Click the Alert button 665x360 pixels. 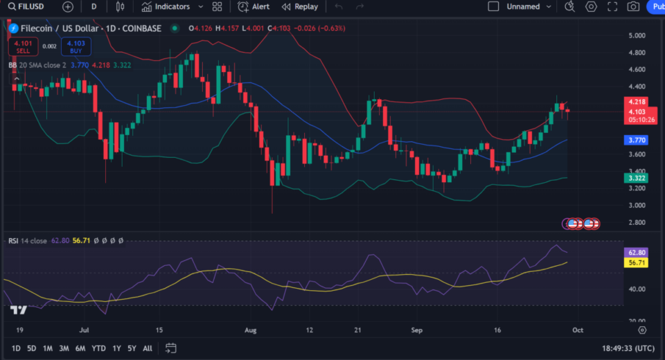pyautogui.click(x=254, y=7)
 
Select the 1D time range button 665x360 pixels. pyautogui.click(x=15, y=348)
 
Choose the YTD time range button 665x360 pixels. pyautogui.click(x=98, y=348)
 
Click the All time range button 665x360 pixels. pyautogui.click(x=148, y=348)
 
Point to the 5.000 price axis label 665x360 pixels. pyautogui.click(x=637, y=35)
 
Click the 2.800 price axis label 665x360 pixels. pyautogui.click(x=637, y=223)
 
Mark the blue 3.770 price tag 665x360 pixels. pyautogui.click(x=637, y=140)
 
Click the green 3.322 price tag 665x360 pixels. pyautogui.click(x=637, y=178)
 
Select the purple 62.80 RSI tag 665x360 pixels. pyautogui.click(x=637, y=253)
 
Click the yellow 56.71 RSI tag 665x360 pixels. pyautogui.click(x=637, y=263)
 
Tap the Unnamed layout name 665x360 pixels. pyautogui.click(x=523, y=7)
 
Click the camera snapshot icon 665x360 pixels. pyautogui.click(x=633, y=7)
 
